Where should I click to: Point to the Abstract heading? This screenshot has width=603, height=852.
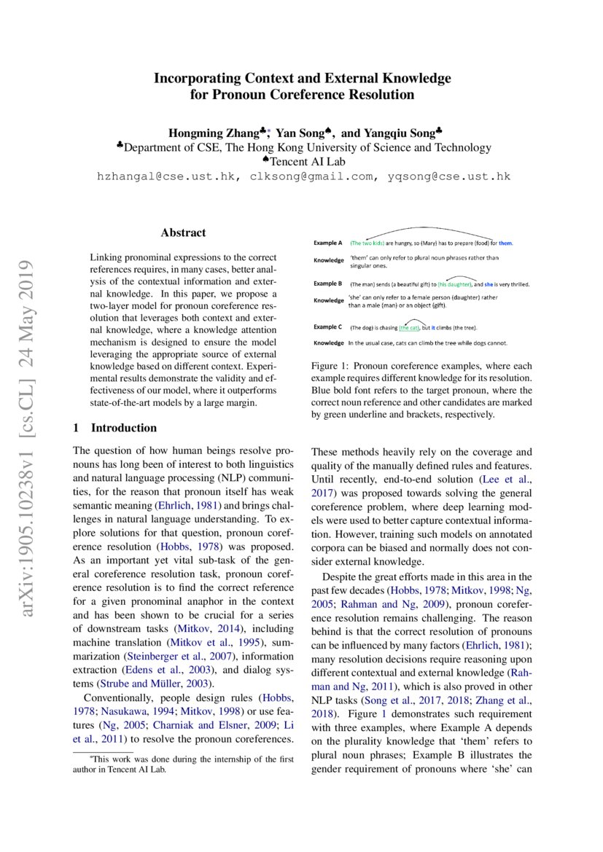tap(183, 233)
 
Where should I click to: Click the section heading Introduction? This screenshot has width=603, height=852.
tap(123, 428)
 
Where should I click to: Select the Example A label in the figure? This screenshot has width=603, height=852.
tap(327, 243)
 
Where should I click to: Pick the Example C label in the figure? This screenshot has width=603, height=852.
tap(327, 327)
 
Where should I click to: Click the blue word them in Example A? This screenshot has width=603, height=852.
tap(506, 243)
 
